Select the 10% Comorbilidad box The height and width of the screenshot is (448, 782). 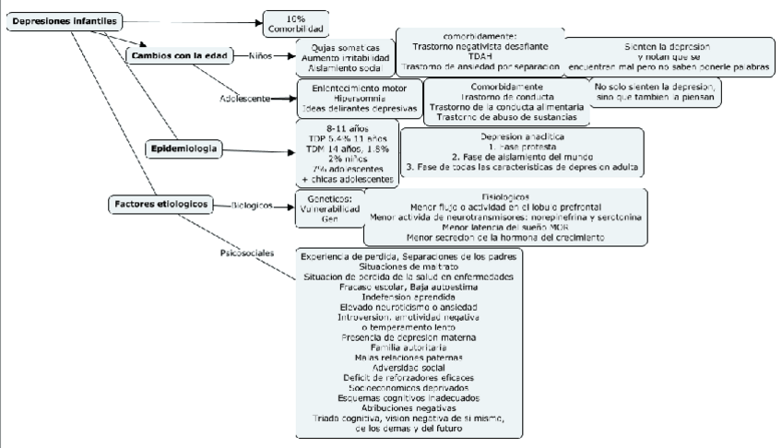pos(294,24)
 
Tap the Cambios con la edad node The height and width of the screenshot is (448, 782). pos(179,54)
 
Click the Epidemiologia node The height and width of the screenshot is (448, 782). pos(184,147)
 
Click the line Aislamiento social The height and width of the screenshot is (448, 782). pos(343,67)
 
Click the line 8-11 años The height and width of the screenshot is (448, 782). pos(344,127)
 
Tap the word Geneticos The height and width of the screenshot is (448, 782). pos(328,198)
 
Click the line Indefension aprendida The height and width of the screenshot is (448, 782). pos(409,298)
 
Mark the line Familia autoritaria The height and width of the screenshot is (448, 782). pos(409,347)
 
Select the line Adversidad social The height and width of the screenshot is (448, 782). pos(409,367)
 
